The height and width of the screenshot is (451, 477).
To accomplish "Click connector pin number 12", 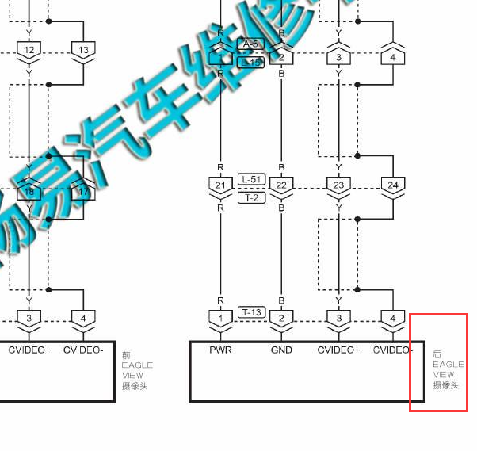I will tap(29, 50).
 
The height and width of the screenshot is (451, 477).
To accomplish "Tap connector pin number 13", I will tap(83, 50).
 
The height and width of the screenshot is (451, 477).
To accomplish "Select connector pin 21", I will tap(220, 185).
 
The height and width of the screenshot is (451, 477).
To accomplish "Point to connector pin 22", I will tap(281, 185).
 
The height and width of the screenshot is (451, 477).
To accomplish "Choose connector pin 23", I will tap(339, 185).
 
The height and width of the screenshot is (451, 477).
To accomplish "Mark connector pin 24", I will tap(393, 185).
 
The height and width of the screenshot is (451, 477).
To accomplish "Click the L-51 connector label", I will tap(251, 180).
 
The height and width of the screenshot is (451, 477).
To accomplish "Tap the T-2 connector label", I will tap(251, 197).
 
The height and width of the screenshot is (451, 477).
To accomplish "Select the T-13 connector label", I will tap(251, 312).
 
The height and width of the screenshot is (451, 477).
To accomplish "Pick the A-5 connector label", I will tap(251, 44).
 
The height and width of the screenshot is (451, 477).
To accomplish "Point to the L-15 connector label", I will tap(251, 62).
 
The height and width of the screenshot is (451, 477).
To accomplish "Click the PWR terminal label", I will tap(220, 350).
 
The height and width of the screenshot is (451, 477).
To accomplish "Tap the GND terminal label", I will tap(281, 350).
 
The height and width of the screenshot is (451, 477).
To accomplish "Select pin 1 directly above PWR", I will tap(220, 319).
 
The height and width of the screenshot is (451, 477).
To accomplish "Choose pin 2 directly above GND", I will tap(281, 319).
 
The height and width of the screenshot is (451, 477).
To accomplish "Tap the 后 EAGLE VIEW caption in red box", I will tap(448, 369).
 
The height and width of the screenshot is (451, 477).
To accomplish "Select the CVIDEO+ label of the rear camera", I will tap(339, 350).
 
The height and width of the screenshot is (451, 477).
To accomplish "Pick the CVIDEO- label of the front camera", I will tap(83, 350).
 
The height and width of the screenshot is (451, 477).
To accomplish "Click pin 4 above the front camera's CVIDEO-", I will tap(83, 319).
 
